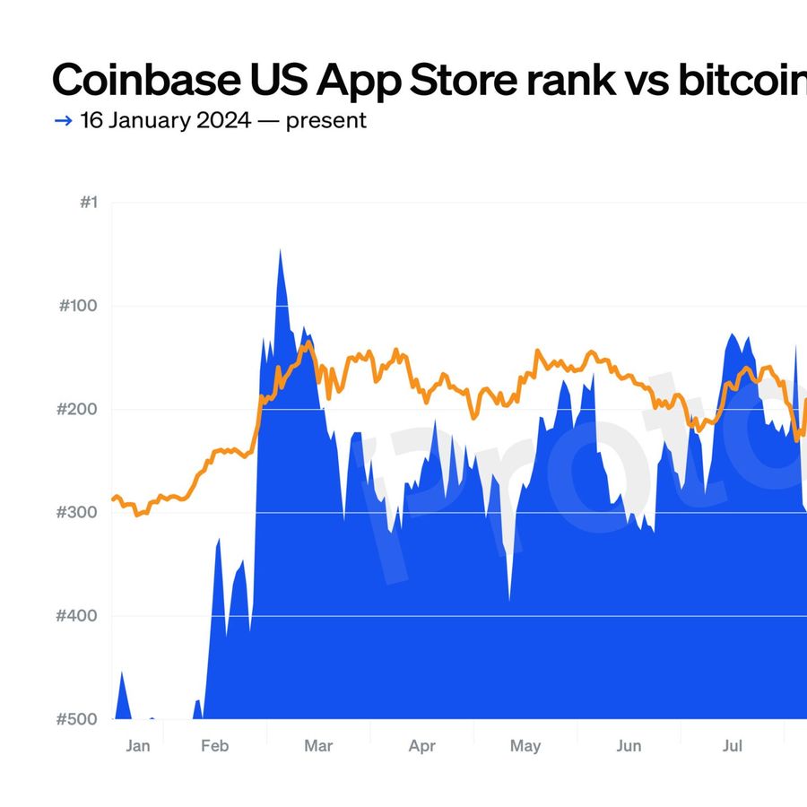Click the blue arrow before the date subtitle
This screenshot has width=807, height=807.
pos(63,120)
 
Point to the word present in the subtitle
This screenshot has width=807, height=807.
pos(325,120)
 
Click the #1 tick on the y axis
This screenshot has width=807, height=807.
pos(87,203)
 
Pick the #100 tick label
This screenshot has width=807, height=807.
pos(78,306)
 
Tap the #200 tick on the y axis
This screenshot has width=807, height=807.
pos(78,410)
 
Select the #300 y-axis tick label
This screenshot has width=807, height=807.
pos(78,513)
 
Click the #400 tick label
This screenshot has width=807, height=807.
pos(78,616)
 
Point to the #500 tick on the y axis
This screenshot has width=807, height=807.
pos(78,719)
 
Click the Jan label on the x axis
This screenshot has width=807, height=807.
pos(138,746)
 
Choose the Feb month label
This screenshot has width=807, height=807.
pos(215,746)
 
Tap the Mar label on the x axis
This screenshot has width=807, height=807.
pos(318,746)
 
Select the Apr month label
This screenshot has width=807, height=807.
pos(421,746)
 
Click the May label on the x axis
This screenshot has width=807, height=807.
pos(525,746)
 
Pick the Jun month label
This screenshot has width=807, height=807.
pos(629,746)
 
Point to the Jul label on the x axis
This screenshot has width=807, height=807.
pos(733,746)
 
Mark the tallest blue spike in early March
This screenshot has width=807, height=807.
pos(280,253)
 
